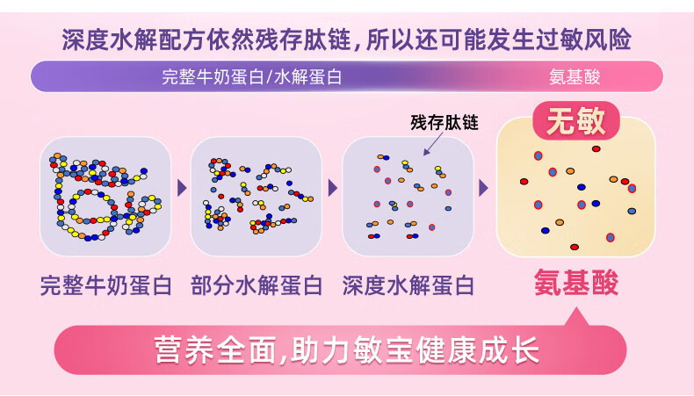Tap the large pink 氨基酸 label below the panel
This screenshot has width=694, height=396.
[x=576, y=283]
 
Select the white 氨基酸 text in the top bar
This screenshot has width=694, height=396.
[x=574, y=76]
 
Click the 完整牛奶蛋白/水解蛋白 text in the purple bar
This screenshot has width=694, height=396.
[x=252, y=76]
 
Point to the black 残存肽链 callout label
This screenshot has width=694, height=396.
[x=445, y=123]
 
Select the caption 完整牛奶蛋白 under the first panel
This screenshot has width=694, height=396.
[x=110, y=285]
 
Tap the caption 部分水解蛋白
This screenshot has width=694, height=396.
[x=257, y=285]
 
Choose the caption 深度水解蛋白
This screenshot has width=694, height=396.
[x=408, y=285]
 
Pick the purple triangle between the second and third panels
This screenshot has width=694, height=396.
[x=333, y=188]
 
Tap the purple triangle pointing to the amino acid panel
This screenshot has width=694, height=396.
[x=483, y=188]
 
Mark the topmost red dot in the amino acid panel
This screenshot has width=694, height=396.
[x=596, y=149]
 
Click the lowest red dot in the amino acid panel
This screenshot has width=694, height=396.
[x=575, y=247]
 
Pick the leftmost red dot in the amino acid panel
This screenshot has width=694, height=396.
[x=524, y=182]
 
